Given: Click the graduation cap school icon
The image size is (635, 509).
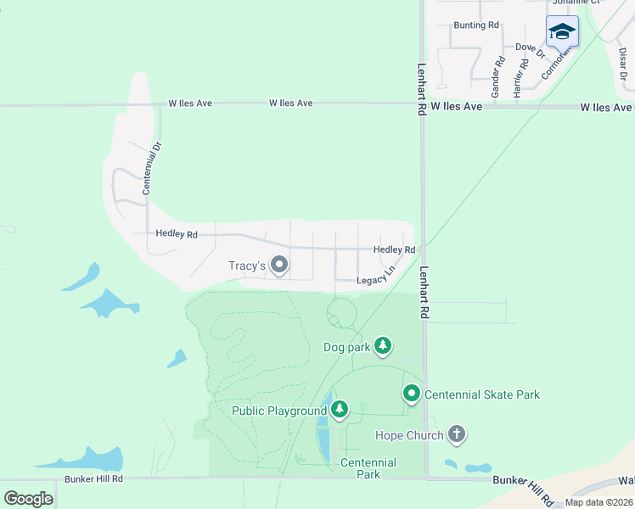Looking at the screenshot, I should coord(561,32).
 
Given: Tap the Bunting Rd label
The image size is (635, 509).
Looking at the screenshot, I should coord(476,25).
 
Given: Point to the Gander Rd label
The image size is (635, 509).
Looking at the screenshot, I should coord(498,75).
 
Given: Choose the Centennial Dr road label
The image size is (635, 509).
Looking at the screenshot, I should coord(151,169).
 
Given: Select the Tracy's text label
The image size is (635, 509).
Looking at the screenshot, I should coord(248,266).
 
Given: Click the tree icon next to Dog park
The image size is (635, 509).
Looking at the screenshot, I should coord(383,345).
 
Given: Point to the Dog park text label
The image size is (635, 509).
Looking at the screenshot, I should coord(346,347).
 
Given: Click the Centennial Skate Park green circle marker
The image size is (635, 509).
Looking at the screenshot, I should coord(412,394).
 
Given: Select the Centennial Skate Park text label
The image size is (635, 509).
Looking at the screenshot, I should coord(482,394).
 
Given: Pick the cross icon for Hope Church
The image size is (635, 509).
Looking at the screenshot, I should coord(457,435).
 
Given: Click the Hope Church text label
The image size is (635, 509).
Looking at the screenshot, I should coord(409,436).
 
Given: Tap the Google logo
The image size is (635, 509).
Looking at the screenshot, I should coord(28,498).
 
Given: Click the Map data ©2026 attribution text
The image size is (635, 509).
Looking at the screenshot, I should coord(598,502).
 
